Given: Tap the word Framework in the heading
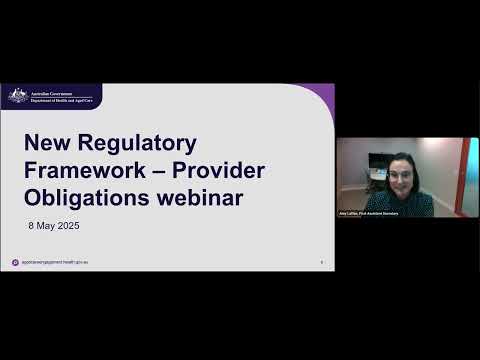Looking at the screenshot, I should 83,171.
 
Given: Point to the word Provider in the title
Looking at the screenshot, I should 219,171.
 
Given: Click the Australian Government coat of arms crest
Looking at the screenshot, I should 18,95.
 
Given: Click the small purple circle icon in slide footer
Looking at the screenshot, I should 15,262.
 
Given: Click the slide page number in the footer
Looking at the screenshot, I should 321,262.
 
